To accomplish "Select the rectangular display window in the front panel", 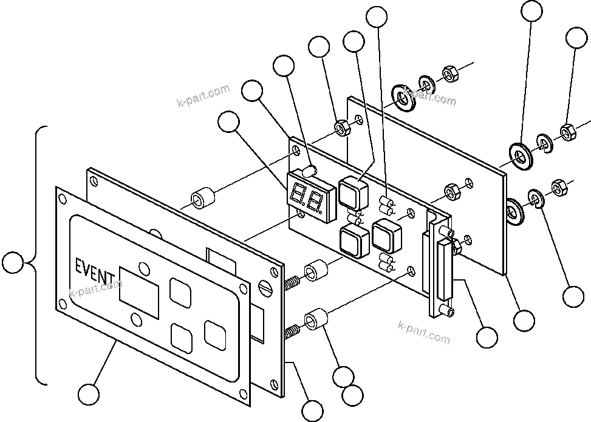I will coord(139,289).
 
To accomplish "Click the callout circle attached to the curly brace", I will coord(13,263).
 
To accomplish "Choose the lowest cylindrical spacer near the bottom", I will coord(316,319).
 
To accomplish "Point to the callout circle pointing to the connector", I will coord(487,337).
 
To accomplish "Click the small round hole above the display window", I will coord(143,267).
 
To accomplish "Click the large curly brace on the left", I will coord(39,256).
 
